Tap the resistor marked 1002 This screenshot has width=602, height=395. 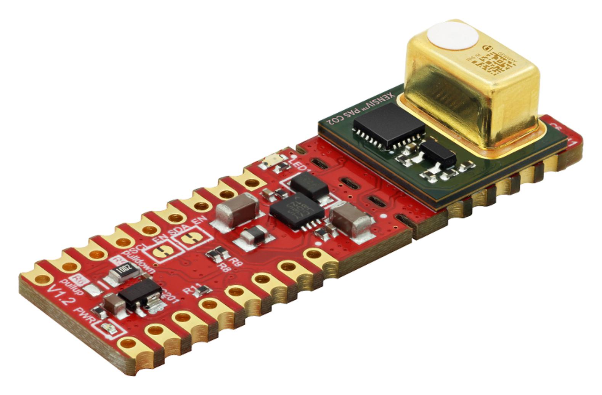coord(122,273)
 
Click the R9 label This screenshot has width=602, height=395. coord(237,262)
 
